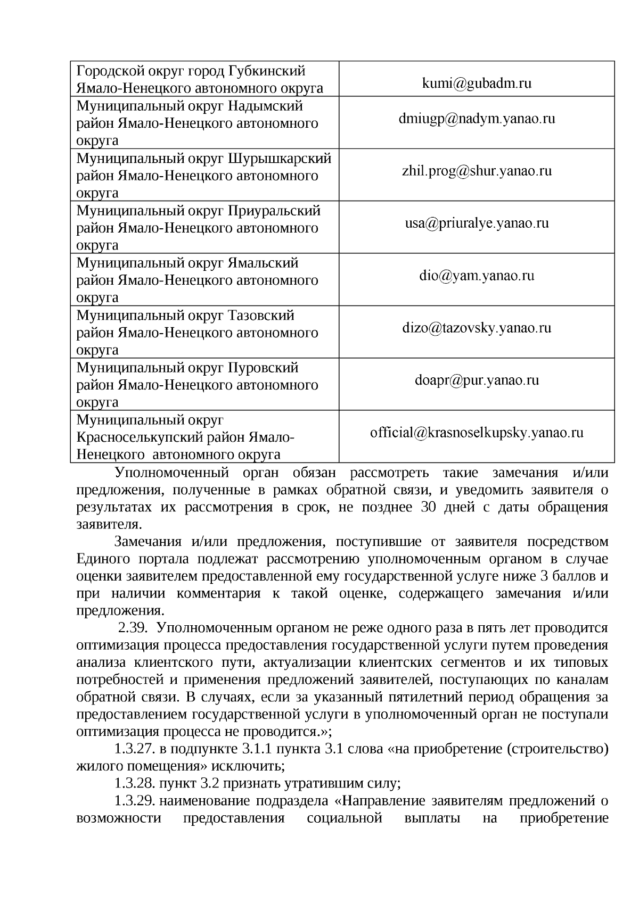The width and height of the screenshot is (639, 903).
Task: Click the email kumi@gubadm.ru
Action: point(477,83)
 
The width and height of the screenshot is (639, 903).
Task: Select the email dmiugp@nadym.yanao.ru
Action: point(477,118)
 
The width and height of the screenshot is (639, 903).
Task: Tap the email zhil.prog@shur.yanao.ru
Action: point(477,171)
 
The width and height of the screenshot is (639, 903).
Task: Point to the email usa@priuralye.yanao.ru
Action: point(477,223)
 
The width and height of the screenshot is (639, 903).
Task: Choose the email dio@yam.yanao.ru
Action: point(477,276)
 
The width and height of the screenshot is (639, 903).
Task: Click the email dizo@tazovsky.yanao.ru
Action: point(477,328)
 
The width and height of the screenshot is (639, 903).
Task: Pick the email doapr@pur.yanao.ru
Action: point(477,380)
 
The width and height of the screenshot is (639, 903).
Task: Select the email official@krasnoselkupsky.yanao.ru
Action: point(477,432)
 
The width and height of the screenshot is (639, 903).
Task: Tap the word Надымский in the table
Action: point(265,106)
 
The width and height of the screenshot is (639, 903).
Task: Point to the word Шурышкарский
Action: point(280,158)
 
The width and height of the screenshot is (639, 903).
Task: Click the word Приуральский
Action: point(274,211)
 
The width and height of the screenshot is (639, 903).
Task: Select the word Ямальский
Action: point(263,263)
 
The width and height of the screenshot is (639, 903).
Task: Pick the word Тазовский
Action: point(261,315)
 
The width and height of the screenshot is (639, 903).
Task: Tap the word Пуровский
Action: point(263,368)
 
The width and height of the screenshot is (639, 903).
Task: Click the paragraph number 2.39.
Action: point(132,628)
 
